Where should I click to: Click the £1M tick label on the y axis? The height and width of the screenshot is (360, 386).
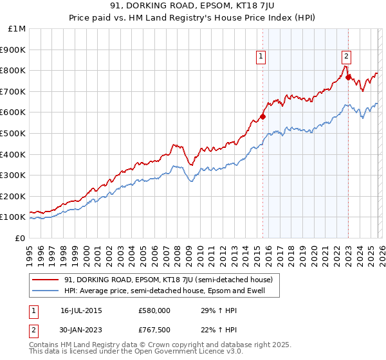click(x=17, y=28)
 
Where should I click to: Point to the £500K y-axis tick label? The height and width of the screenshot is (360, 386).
click(x=14, y=133)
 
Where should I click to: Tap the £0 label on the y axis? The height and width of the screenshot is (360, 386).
click(x=20, y=238)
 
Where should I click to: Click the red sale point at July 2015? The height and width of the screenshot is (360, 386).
click(x=262, y=116)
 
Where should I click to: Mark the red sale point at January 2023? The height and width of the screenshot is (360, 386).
click(x=348, y=77)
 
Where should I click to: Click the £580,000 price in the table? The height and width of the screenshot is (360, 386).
click(x=155, y=310)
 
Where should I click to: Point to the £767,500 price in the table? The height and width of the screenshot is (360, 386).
click(x=155, y=330)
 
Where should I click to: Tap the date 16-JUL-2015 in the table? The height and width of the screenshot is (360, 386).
click(x=81, y=310)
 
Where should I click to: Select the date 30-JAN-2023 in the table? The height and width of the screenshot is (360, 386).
click(x=81, y=330)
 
